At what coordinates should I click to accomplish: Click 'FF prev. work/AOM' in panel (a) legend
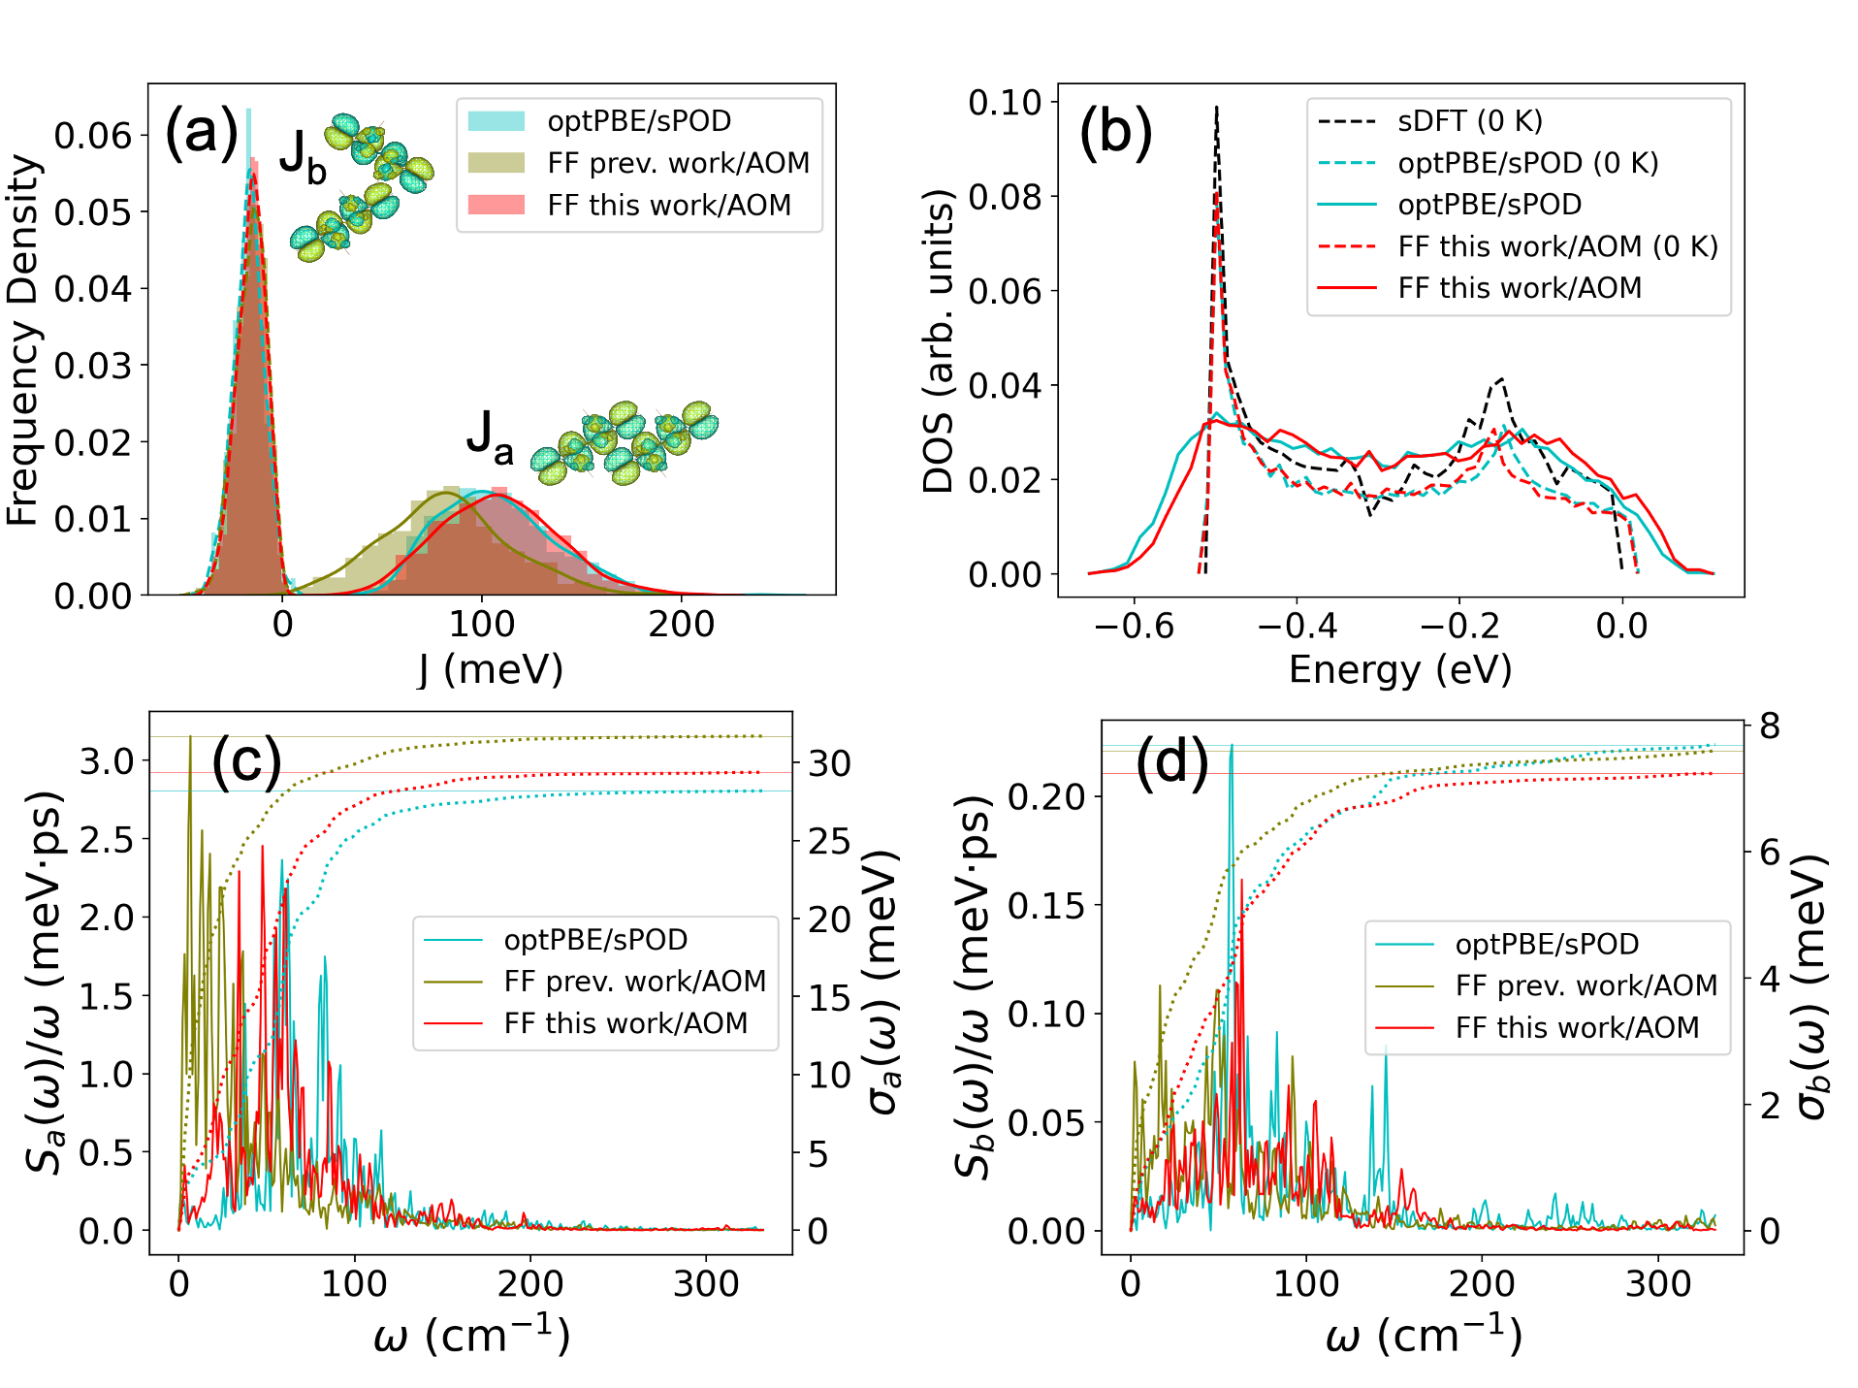pos(678,163)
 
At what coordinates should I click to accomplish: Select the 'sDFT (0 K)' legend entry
pos(1469,121)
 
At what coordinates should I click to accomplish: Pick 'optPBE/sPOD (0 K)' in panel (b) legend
pos(1527,163)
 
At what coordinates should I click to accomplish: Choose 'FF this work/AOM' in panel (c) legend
pos(625,1023)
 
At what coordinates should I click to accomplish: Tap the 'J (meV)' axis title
pos(491,669)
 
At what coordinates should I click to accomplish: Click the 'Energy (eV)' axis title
pos(1400,669)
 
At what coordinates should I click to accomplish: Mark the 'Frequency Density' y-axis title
pos(23,339)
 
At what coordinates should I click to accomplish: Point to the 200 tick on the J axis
pos(681,624)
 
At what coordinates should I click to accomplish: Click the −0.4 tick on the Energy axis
pos(1297,626)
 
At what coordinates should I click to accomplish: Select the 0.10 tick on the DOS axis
pos(1005,102)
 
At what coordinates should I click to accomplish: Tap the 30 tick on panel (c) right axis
pos(830,763)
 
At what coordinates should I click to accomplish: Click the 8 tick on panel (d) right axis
pos(1770,726)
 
